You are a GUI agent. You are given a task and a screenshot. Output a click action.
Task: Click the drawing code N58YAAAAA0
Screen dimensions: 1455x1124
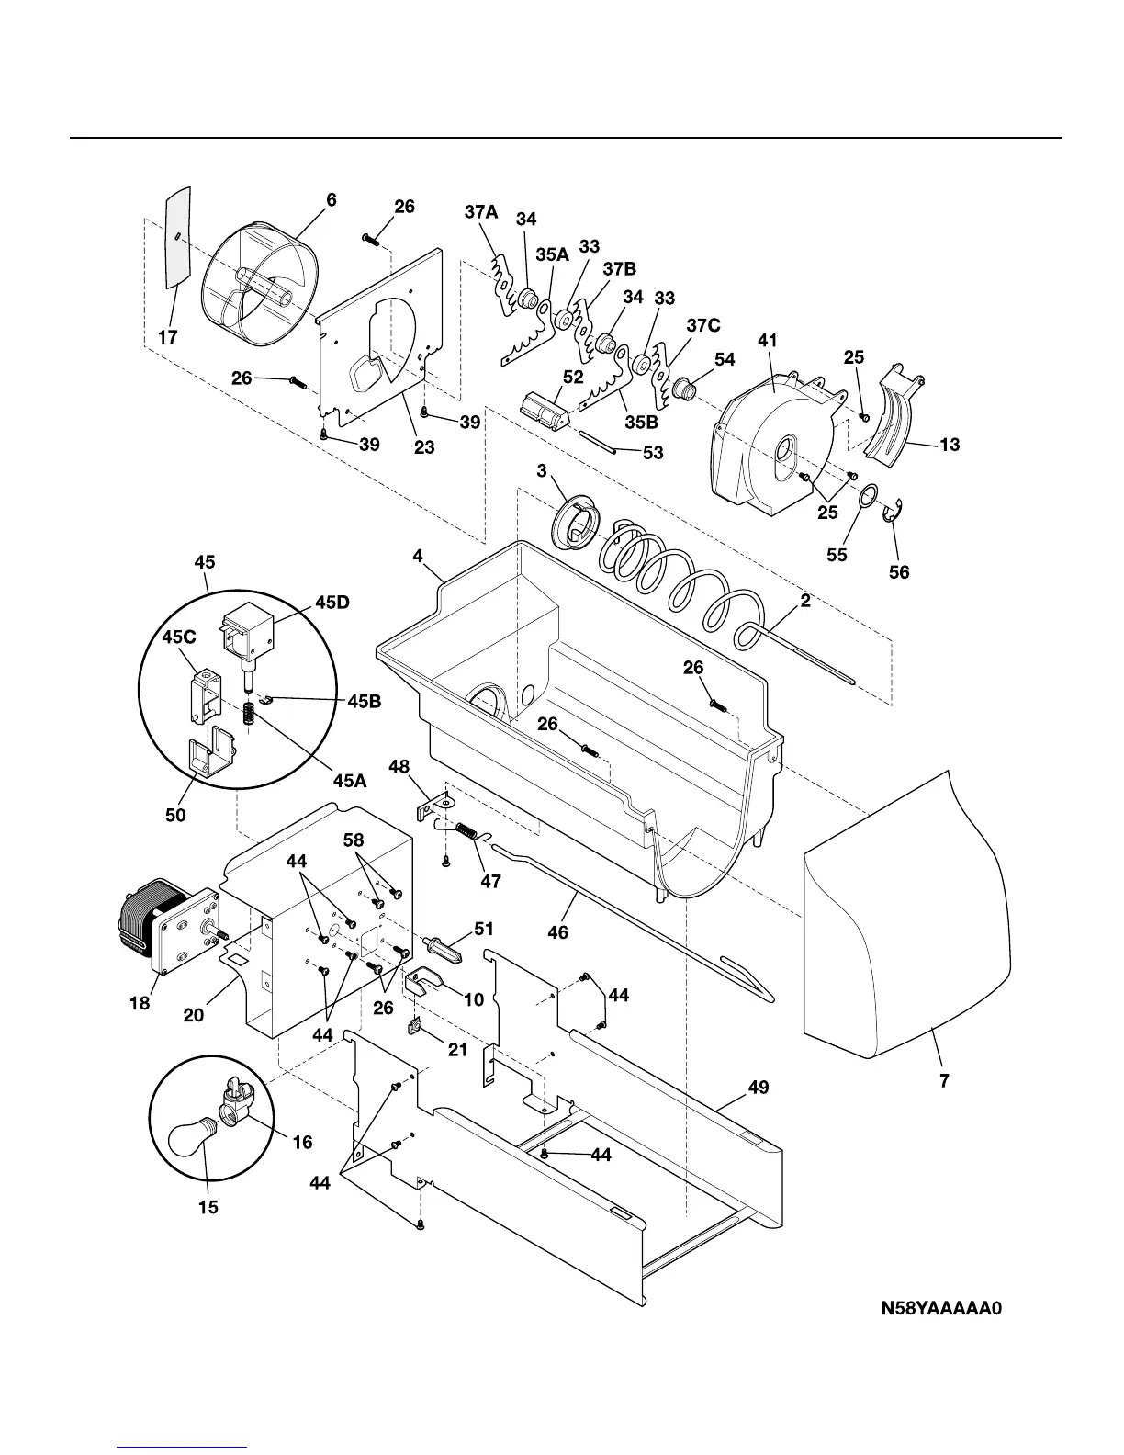pyautogui.click(x=940, y=1308)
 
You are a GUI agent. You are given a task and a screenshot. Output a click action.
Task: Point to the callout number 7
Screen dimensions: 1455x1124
pyautogui.click(x=944, y=1081)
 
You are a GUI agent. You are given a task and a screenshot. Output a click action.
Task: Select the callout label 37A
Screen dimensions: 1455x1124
pyautogui.click(x=481, y=212)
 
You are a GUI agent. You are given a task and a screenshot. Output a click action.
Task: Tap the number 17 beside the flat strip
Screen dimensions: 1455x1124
pyautogui.click(x=167, y=337)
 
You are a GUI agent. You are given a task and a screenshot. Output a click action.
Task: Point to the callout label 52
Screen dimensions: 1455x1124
pyautogui.click(x=573, y=377)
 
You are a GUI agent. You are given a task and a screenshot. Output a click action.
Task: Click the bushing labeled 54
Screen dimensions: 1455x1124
pyautogui.click(x=681, y=389)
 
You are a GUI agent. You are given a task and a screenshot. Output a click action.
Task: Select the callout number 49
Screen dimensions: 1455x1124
pyautogui.click(x=758, y=1088)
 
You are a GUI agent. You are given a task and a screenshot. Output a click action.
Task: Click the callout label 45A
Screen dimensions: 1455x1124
pyautogui.click(x=349, y=781)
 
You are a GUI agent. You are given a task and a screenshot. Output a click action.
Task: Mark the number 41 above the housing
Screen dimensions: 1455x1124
pyautogui.click(x=767, y=340)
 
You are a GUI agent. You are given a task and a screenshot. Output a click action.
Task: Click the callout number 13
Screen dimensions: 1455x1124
pyautogui.click(x=950, y=445)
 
